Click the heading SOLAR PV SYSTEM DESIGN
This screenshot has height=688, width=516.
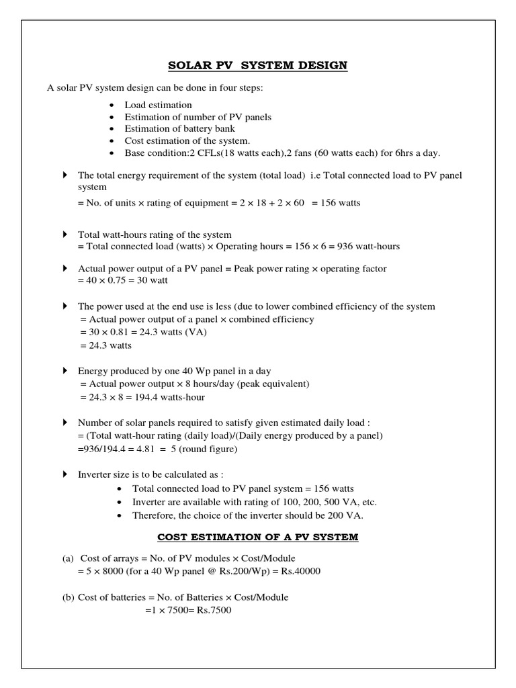(x=257, y=65)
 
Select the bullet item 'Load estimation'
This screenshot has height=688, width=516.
(x=158, y=105)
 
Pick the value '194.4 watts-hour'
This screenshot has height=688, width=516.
(x=168, y=396)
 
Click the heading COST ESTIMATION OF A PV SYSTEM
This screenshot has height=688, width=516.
(x=258, y=537)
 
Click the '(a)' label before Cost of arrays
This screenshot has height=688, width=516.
(x=67, y=558)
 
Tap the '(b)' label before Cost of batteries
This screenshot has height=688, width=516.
(x=67, y=597)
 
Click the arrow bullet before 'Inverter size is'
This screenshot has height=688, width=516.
(x=64, y=474)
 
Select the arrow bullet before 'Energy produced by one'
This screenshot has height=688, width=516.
(x=64, y=371)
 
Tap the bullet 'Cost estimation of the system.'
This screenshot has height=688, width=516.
(x=187, y=141)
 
